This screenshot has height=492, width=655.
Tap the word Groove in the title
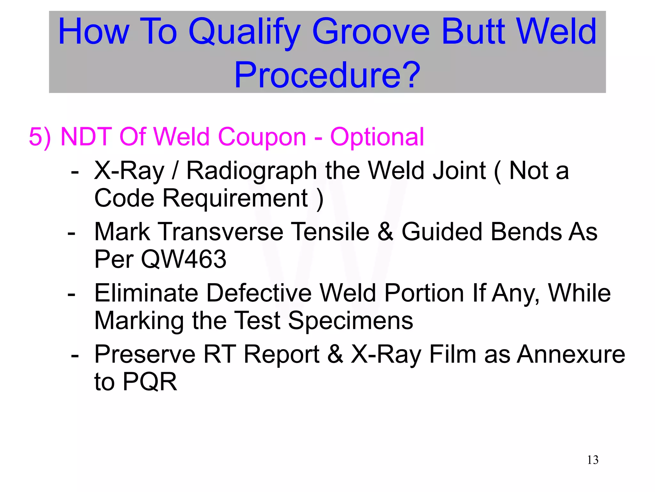point(371,32)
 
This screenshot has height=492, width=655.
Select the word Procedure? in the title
point(327,75)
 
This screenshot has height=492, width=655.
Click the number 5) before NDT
point(40,137)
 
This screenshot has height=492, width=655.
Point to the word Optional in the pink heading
point(377,137)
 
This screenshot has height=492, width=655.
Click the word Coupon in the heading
point(262,137)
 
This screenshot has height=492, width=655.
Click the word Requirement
point(235,199)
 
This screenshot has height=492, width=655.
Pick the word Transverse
point(221,232)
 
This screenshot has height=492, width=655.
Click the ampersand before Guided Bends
point(385,232)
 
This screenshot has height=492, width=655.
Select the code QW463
point(184,259)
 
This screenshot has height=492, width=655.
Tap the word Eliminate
point(146,293)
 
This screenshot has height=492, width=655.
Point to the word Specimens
point(351,321)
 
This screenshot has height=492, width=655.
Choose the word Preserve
point(145,355)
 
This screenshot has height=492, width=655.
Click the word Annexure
point(571,355)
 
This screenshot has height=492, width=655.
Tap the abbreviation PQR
point(150,382)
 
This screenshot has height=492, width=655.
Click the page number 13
point(593,460)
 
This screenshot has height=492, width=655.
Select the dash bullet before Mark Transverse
point(72,233)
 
